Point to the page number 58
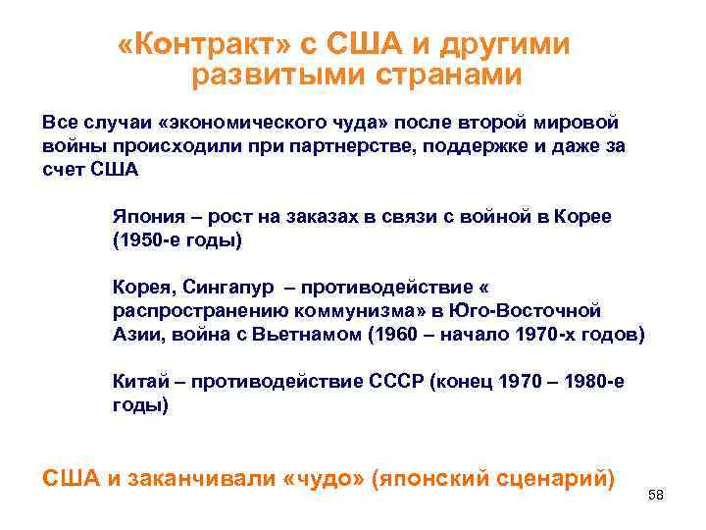point(656,496)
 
